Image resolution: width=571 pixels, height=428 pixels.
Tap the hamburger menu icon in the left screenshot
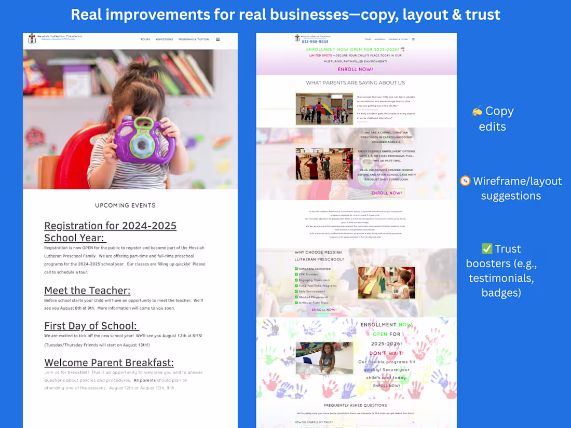tap(218, 39)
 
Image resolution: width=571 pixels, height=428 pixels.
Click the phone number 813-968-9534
tap(315, 42)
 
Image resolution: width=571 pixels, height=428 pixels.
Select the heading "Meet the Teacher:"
tap(87, 291)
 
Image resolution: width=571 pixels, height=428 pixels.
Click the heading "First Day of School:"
tap(91, 326)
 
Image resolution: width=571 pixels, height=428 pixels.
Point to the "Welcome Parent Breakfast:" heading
tap(109, 363)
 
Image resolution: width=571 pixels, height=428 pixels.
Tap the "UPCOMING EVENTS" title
tap(125, 205)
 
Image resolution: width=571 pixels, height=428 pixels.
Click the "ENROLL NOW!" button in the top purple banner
tap(356, 69)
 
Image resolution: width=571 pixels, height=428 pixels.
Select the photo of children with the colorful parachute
tap(324, 109)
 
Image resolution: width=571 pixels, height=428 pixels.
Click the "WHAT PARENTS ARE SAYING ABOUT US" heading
tap(355, 83)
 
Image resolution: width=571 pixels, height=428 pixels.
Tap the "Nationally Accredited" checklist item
tap(315, 269)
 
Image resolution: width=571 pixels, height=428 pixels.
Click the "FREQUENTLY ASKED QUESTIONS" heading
tap(355, 405)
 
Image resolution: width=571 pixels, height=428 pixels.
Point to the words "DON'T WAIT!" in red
tap(387, 353)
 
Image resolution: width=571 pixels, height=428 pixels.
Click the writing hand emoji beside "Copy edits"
tap(477, 112)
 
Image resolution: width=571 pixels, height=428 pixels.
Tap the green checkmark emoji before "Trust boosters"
tap(486, 249)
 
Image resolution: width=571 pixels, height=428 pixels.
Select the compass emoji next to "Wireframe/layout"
tap(465, 181)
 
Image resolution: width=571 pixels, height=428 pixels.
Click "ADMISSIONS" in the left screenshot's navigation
tap(164, 39)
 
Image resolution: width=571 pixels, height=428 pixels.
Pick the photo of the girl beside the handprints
tap(324, 357)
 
